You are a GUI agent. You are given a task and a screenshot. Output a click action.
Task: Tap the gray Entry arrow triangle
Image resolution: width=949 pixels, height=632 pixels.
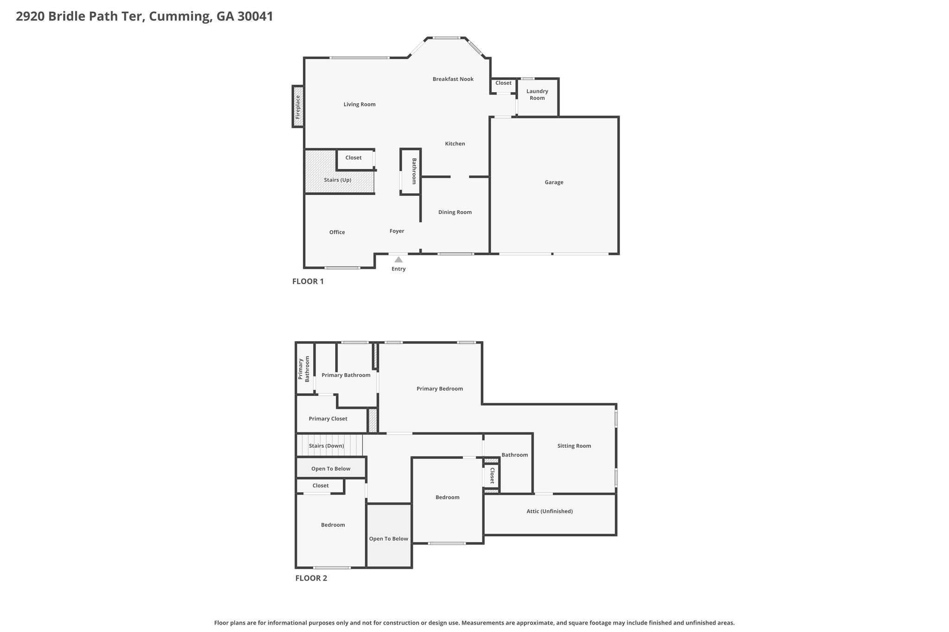tap(399, 260)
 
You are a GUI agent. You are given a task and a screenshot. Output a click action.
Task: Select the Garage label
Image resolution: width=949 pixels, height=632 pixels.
tap(554, 182)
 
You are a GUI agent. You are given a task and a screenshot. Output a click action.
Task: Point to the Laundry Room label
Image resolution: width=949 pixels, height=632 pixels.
tap(537, 94)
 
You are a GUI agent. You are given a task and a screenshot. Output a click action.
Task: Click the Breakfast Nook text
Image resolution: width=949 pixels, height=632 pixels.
tap(453, 79)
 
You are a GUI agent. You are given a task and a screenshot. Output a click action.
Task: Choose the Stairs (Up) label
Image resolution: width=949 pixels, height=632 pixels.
tap(337, 180)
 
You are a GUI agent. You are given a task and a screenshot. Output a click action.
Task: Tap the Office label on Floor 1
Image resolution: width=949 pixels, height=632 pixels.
tap(337, 232)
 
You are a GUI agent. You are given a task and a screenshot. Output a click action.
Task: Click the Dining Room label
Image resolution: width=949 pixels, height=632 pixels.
tap(455, 213)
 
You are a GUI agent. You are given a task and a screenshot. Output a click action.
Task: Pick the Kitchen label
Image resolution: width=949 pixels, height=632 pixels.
tap(455, 144)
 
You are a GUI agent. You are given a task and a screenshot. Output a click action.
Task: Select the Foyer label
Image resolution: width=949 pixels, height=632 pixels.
tap(397, 231)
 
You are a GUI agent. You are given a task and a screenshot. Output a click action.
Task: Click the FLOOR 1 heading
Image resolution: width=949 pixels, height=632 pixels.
tap(308, 281)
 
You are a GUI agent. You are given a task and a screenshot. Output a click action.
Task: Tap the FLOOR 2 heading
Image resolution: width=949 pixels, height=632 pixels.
tap(311, 578)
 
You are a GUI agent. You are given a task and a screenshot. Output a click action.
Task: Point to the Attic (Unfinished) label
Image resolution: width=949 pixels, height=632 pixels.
tap(550, 511)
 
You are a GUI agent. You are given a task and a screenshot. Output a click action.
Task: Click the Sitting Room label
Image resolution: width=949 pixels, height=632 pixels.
tap(574, 446)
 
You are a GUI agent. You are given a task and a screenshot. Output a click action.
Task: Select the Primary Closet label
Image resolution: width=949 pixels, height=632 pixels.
tap(328, 419)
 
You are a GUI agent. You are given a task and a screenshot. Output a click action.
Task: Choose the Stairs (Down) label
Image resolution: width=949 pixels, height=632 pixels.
tap(326, 446)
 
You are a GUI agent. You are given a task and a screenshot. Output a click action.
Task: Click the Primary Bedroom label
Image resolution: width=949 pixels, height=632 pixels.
tap(439, 389)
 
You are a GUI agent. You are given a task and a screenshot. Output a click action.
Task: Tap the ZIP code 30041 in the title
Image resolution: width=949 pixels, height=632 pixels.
tap(255, 17)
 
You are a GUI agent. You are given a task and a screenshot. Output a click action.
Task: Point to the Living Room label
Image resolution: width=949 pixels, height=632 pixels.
tap(359, 105)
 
